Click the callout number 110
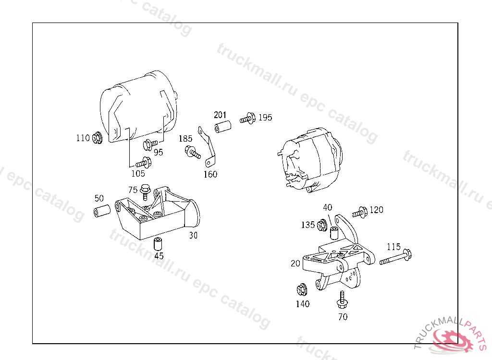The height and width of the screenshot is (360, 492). [83, 138]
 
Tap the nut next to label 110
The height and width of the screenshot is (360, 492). [97, 137]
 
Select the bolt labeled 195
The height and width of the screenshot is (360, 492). [247, 119]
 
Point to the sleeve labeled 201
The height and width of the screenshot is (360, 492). [223, 127]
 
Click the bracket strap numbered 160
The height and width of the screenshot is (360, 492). [208, 147]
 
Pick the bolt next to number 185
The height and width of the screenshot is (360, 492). [192, 152]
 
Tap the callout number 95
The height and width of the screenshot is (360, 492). [159, 153]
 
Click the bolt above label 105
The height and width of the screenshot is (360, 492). [143, 163]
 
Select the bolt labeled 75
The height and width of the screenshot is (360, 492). [145, 192]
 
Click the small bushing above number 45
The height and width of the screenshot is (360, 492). [158, 244]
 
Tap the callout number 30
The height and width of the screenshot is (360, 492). [193, 236]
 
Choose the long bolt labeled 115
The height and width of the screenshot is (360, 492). [396, 257]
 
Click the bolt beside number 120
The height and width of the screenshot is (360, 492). [359, 213]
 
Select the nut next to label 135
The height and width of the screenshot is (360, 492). [322, 226]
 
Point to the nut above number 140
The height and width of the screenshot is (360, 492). [302, 290]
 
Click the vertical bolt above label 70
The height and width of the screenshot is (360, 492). [342, 300]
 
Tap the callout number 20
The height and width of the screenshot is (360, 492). [295, 264]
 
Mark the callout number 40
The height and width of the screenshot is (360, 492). [328, 207]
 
